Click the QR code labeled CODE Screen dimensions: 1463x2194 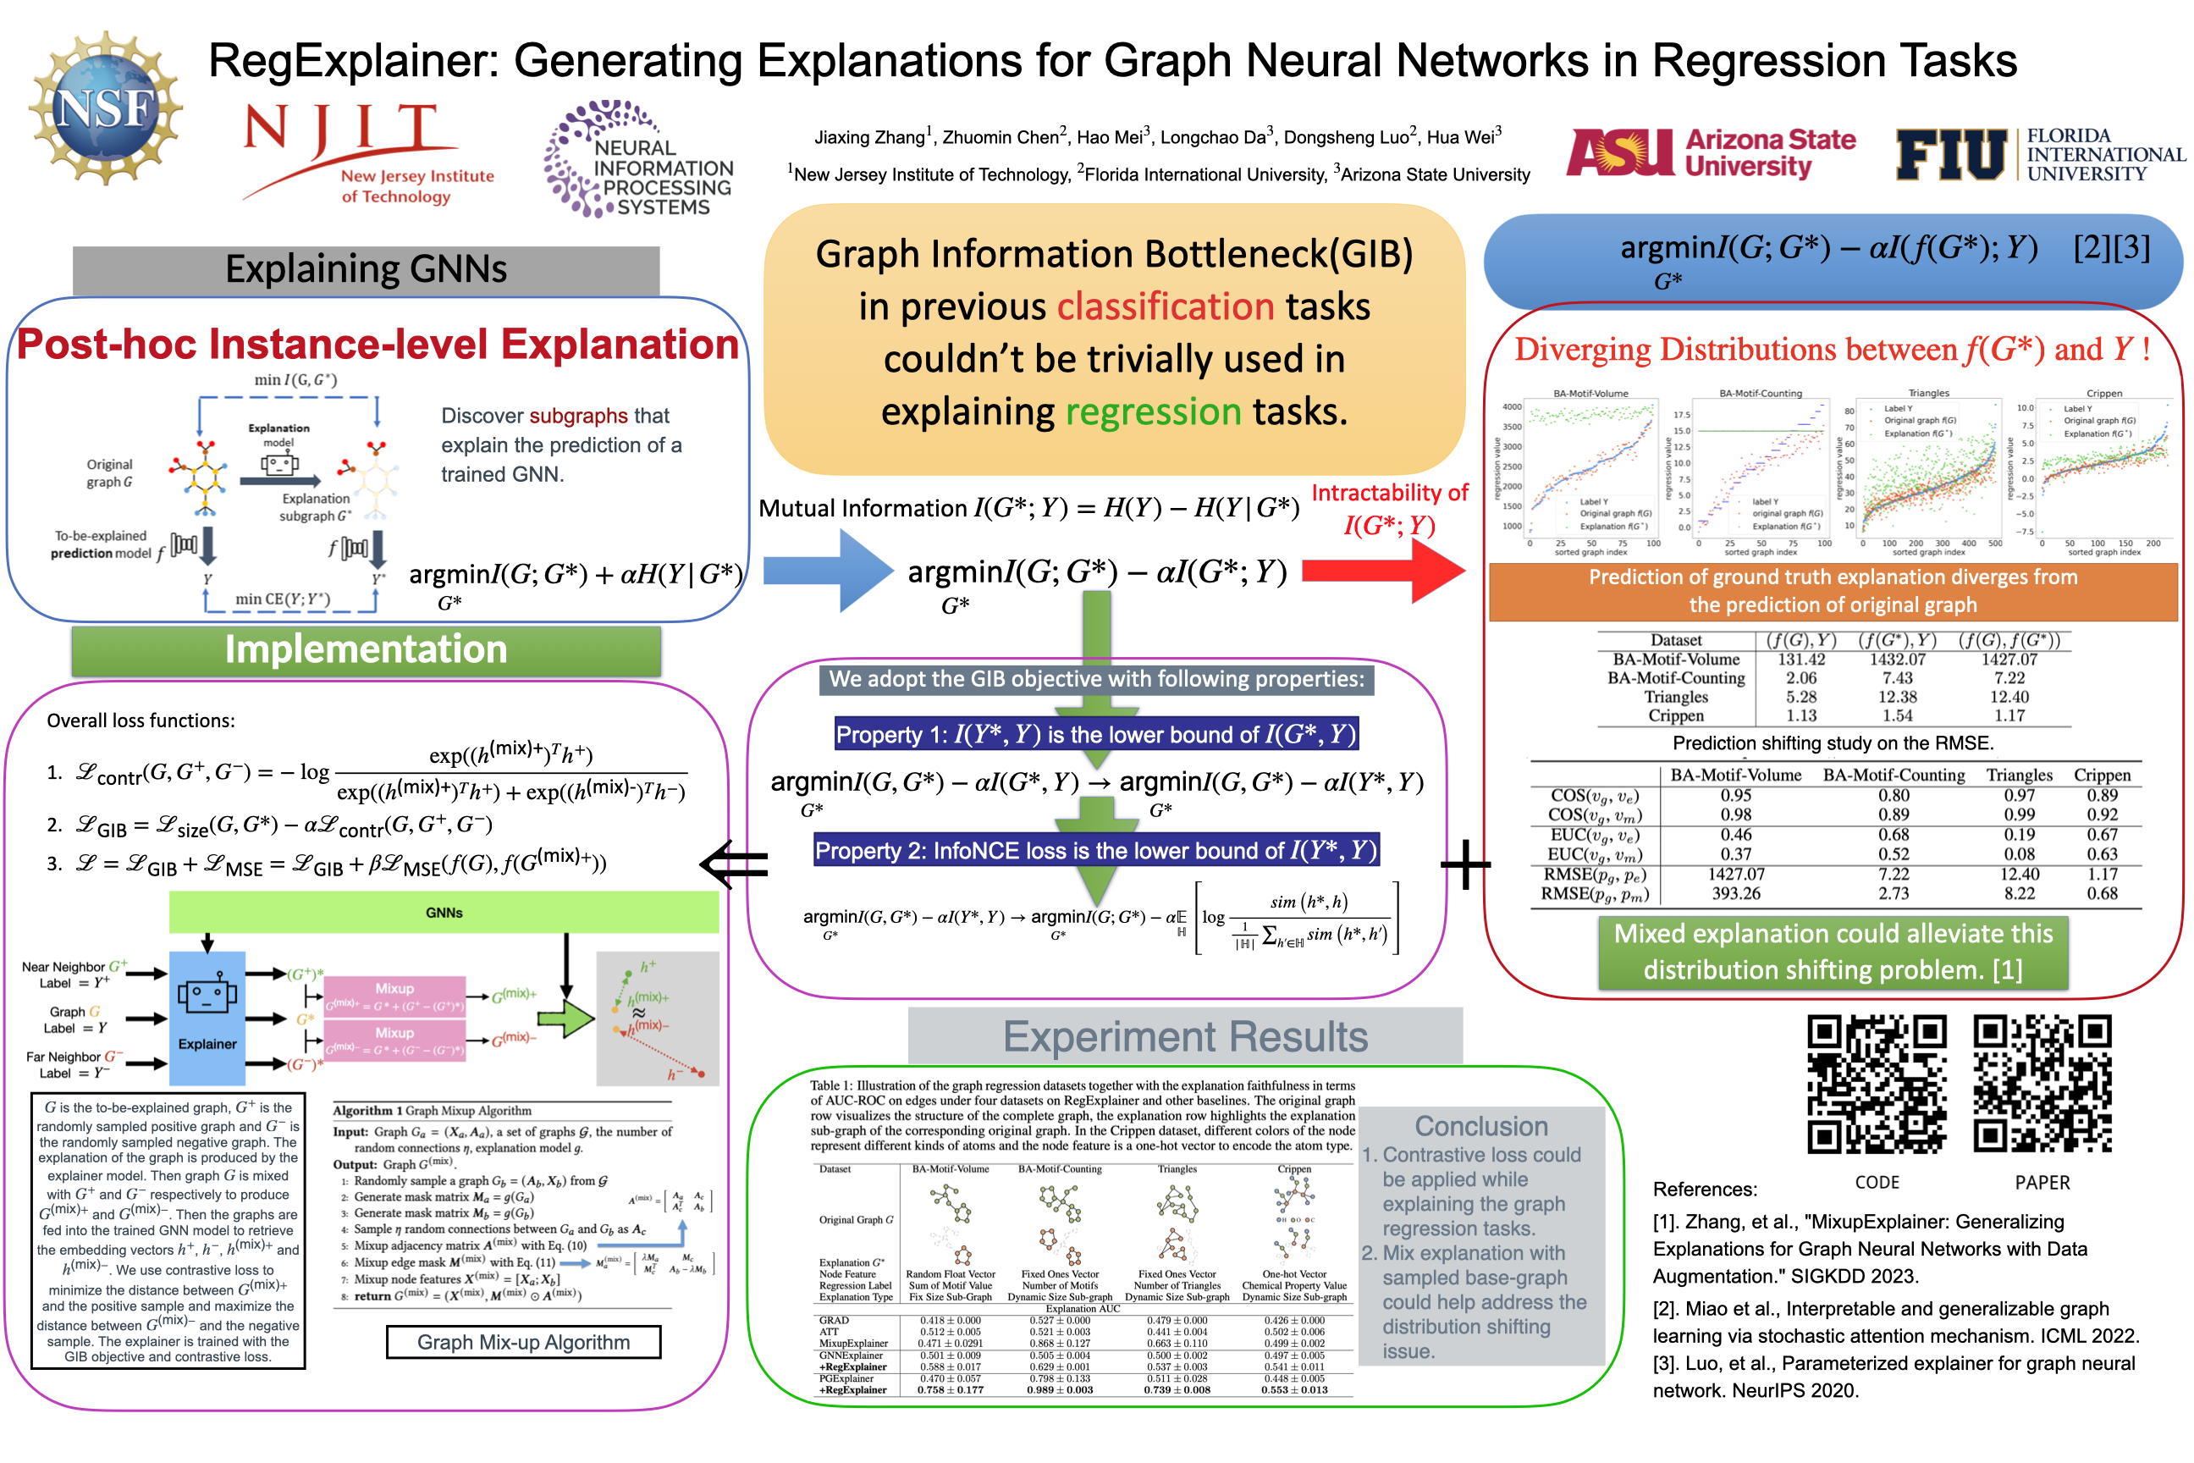point(1876,1085)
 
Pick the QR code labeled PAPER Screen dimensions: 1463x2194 point(2041,1085)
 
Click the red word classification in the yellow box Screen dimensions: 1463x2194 point(1165,307)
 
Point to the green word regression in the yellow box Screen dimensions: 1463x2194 point(1153,411)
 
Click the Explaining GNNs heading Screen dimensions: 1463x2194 point(366,269)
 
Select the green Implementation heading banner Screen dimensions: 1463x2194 point(366,650)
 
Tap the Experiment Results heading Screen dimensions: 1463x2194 point(1185,1036)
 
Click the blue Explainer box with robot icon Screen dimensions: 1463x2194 point(207,1016)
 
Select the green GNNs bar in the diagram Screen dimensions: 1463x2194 point(444,913)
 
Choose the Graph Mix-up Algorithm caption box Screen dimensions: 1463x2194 point(523,1342)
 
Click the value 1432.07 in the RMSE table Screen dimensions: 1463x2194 point(1896,660)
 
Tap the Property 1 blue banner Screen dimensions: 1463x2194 point(1096,734)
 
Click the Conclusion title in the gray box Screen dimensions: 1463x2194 point(1480,1126)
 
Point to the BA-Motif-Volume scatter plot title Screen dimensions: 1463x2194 point(1590,393)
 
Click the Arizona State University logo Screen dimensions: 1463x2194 point(1711,154)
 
